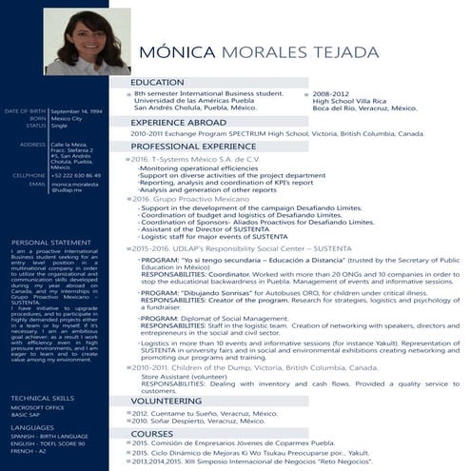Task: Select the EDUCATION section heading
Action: (x=158, y=83)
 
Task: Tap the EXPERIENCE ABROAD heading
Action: (x=179, y=123)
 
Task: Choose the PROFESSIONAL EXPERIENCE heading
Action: (x=193, y=147)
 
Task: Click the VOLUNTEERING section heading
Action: (x=167, y=402)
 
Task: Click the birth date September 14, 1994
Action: (x=77, y=111)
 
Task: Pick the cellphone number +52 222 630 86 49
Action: (x=76, y=175)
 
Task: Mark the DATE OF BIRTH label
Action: (x=25, y=111)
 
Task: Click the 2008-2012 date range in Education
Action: (x=328, y=95)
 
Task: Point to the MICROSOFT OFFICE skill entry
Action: (x=37, y=381)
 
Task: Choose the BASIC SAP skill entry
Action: (x=27, y=388)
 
